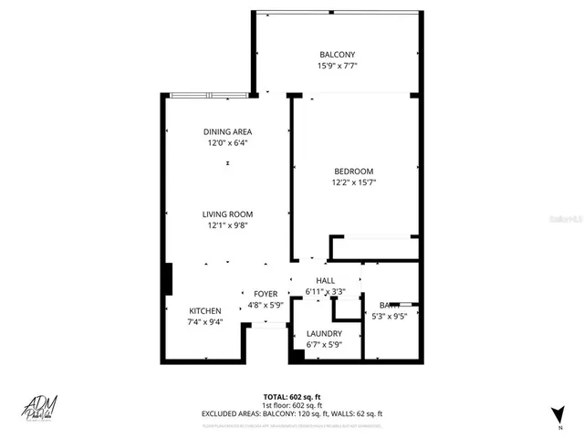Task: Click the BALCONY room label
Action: (x=337, y=54)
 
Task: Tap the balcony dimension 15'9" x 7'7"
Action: (x=337, y=66)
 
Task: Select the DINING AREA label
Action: (x=227, y=131)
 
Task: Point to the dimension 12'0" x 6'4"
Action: (x=227, y=143)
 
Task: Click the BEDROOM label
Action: (x=353, y=171)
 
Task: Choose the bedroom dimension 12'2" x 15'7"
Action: (x=353, y=182)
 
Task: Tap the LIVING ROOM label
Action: (x=227, y=214)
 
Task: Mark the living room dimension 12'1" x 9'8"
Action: (x=227, y=225)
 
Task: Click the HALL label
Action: (x=326, y=280)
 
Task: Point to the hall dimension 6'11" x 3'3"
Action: (x=326, y=292)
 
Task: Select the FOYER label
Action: (x=266, y=294)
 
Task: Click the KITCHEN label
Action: (x=204, y=310)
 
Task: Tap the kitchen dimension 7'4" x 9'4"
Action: (x=204, y=322)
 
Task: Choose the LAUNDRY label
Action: (x=323, y=334)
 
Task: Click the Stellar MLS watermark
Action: (x=562, y=219)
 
